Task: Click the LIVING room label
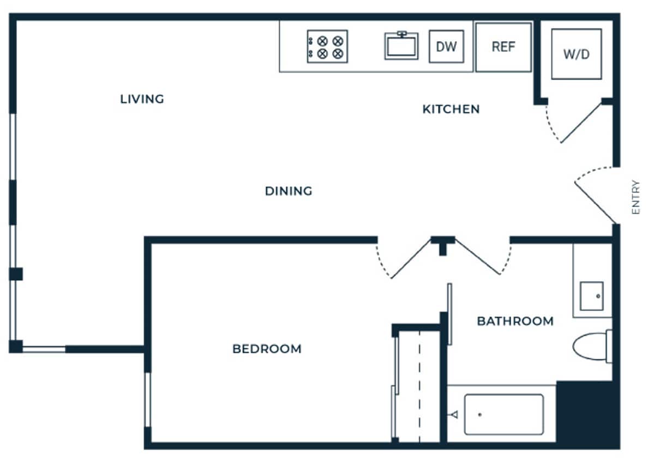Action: click(x=142, y=99)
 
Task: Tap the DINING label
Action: click(x=289, y=191)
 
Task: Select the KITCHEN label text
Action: click(x=451, y=109)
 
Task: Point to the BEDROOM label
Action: click(x=267, y=349)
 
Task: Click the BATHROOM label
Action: click(x=515, y=321)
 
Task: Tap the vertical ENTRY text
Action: click(x=635, y=197)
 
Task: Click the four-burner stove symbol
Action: click(x=327, y=46)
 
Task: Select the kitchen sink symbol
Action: click(x=401, y=46)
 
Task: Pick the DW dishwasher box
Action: click(x=446, y=46)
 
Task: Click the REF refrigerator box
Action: click(x=503, y=47)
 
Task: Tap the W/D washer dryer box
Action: click(x=577, y=55)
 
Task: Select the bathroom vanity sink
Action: click(x=591, y=296)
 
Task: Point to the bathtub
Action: click(x=503, y=415)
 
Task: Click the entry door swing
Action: click(x=595, y=193)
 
